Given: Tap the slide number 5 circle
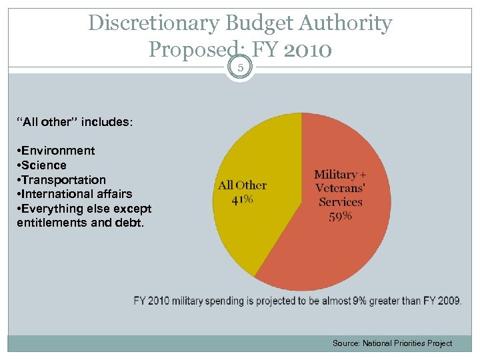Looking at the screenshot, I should [x=240, y=67].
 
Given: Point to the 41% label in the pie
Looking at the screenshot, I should [x=241, y=199].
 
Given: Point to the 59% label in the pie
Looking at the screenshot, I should [x=340, y=216].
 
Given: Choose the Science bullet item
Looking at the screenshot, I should [x=42, y=165].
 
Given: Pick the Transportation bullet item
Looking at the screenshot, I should [x=61, y=180].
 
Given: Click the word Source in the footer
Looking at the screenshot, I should [x=346, y=343].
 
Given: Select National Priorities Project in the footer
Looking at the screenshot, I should [x=407, y=343].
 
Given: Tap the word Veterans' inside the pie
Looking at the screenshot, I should [x=340, y=189].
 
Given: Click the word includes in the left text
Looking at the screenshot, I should [x=108, y=123].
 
